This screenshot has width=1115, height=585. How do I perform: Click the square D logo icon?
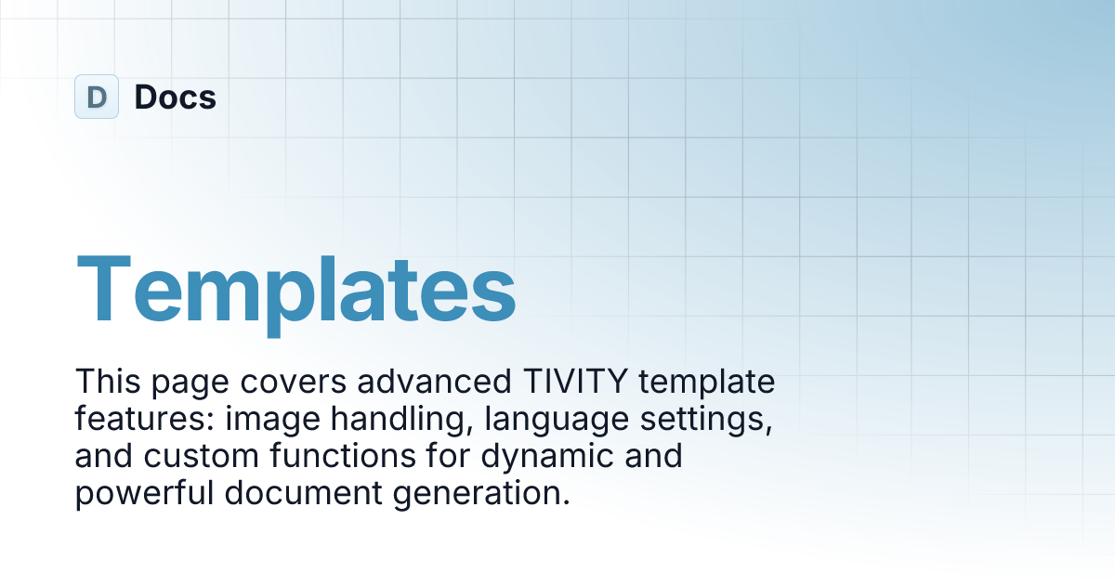click(97, 97)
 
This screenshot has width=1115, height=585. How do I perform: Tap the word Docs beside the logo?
click(176, 97)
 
